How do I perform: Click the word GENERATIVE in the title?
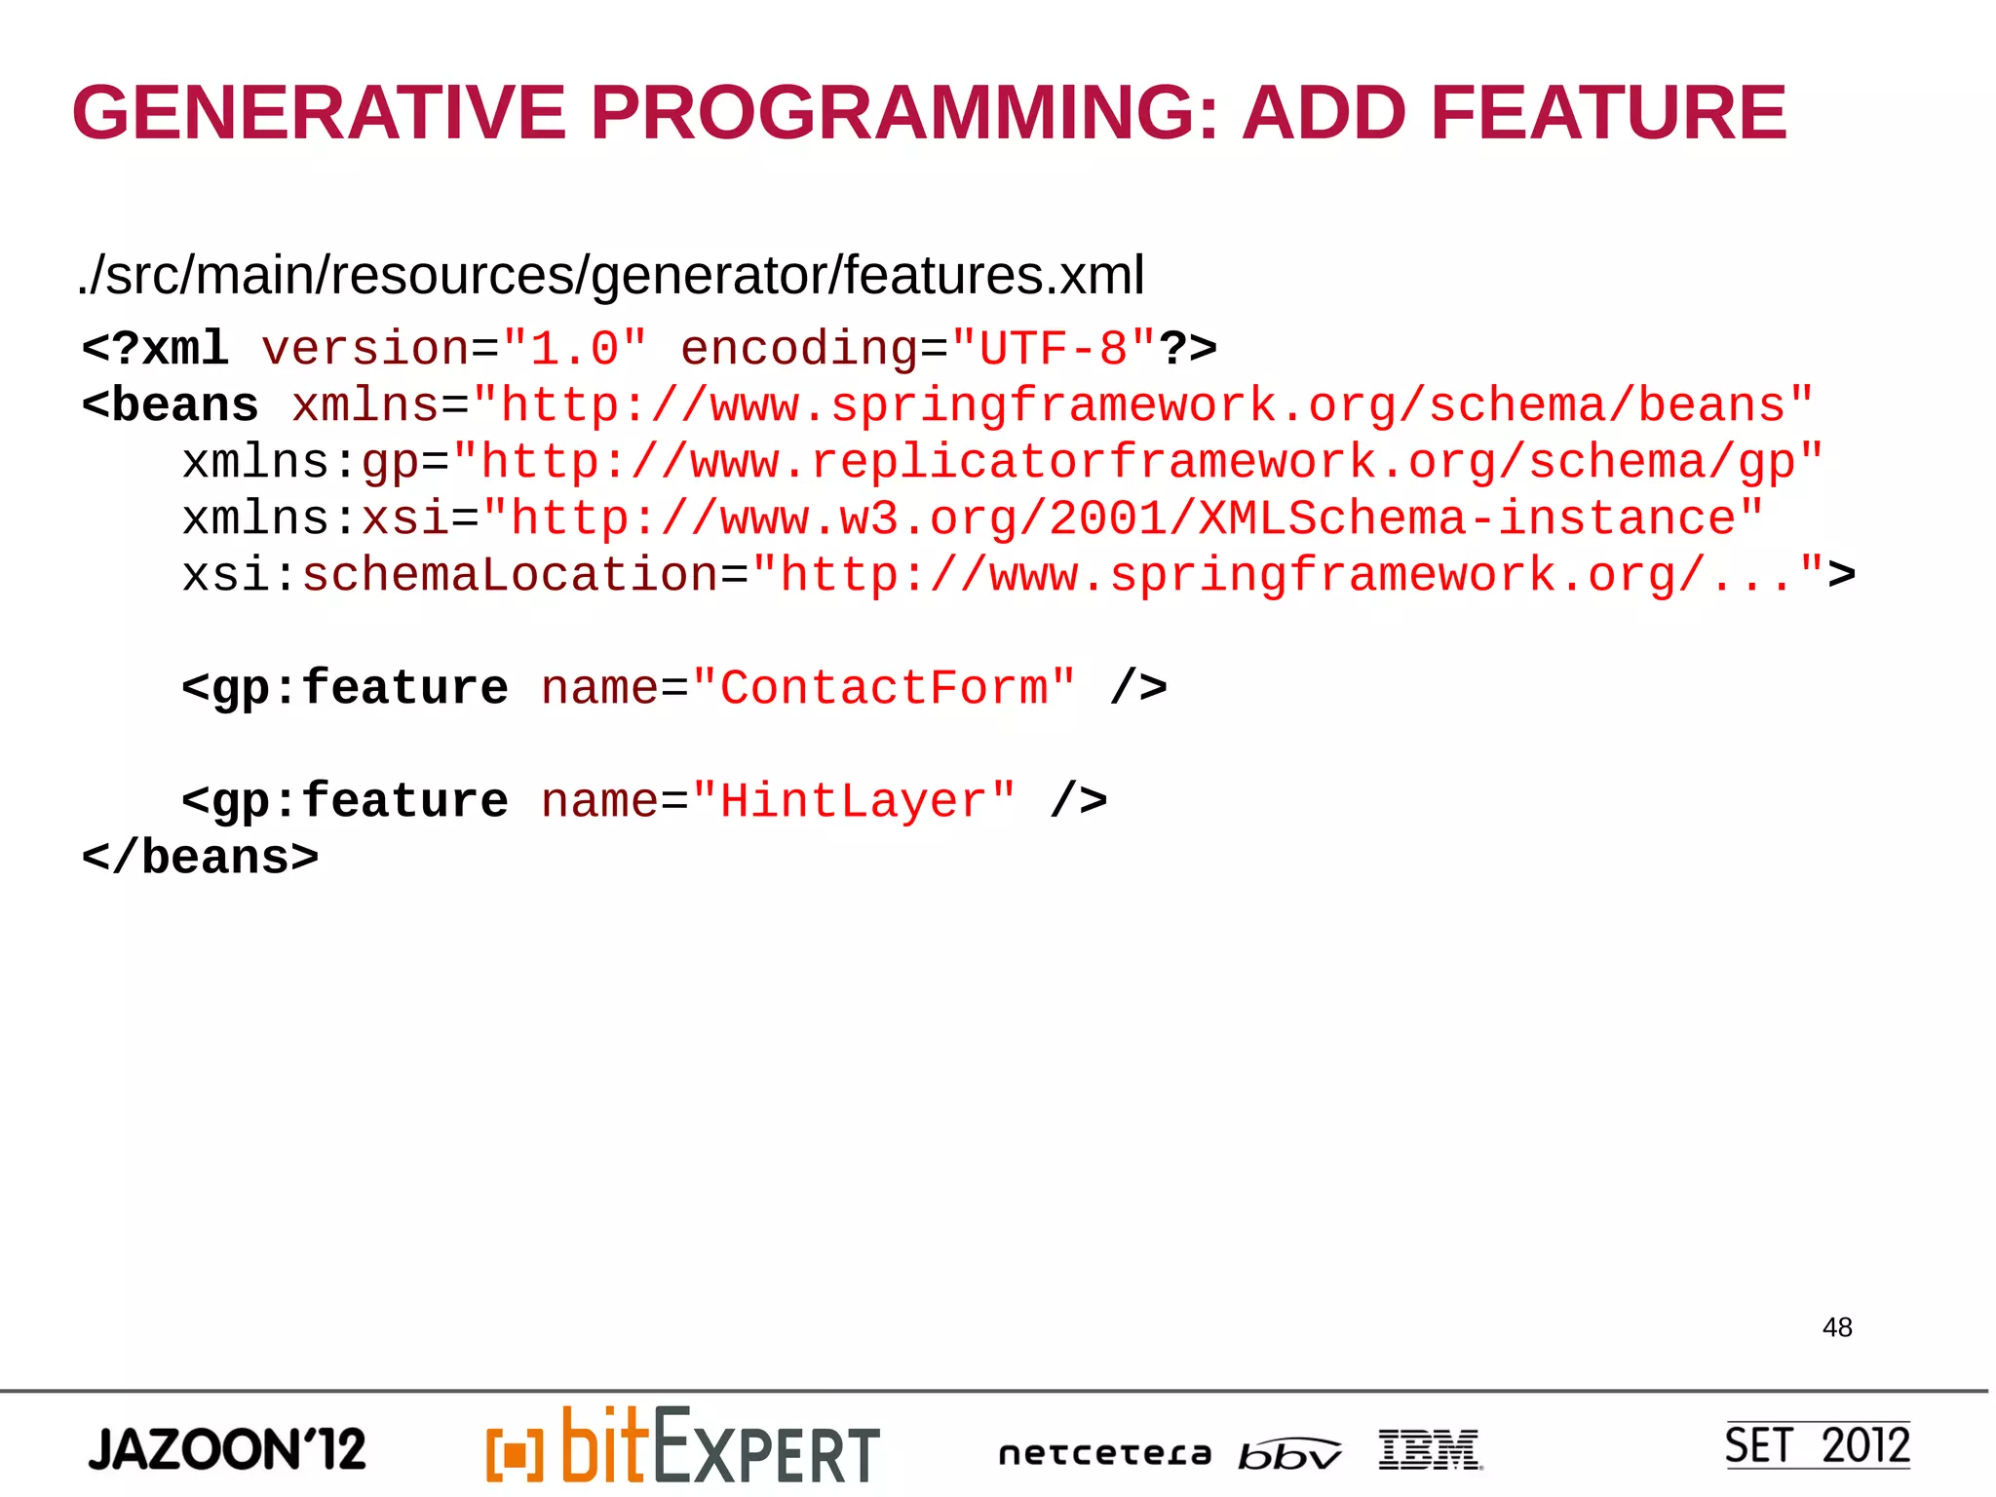pos(319,113)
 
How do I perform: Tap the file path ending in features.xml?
pos(611,276)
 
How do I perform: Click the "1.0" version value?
pos(574,349)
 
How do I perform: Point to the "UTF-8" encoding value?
pos(1054,349)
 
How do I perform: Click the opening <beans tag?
pos(172,405)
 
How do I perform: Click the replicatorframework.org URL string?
pos(1137,462)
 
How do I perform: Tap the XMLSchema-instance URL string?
pos(1123,518)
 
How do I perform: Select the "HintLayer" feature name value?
pos(854,801)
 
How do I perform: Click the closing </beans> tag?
pos(201,858)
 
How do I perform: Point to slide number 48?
pos(1837,1327)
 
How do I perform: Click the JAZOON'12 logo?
pos(227,1449)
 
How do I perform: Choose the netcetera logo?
pos(1104,1454)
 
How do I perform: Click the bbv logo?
pos(1288,1454)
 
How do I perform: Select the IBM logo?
pos(1430,1449)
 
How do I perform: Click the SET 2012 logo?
pos(1817,1445)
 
